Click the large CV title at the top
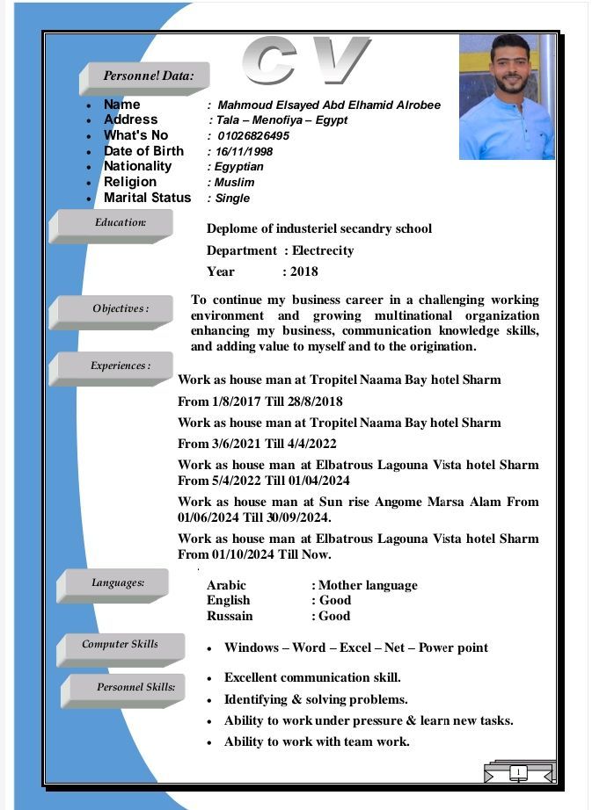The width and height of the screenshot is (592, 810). [x=304, y=61]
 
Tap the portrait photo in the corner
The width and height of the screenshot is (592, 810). [x=507, y=98]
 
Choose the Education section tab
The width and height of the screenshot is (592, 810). [x=121, y=223]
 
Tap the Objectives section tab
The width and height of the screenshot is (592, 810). [x=121, y=309]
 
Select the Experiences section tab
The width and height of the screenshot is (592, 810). [x=121, y=365]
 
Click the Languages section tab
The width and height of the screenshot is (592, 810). [x=118, y=582]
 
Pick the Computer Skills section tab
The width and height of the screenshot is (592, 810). [x=121, y=645]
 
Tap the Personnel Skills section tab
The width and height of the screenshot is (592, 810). [x=135, y=687]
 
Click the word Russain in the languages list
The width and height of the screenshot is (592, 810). [x=230, y=616]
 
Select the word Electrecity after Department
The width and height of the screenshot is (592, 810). [x=323, y=250]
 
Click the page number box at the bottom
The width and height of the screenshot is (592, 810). [x=519, y=773]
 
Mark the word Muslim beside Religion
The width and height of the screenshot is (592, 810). [x=234, y=183]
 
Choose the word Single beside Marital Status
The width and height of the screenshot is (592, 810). [x=233, y=199]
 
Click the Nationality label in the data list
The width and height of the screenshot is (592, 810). [x=138, y=166]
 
